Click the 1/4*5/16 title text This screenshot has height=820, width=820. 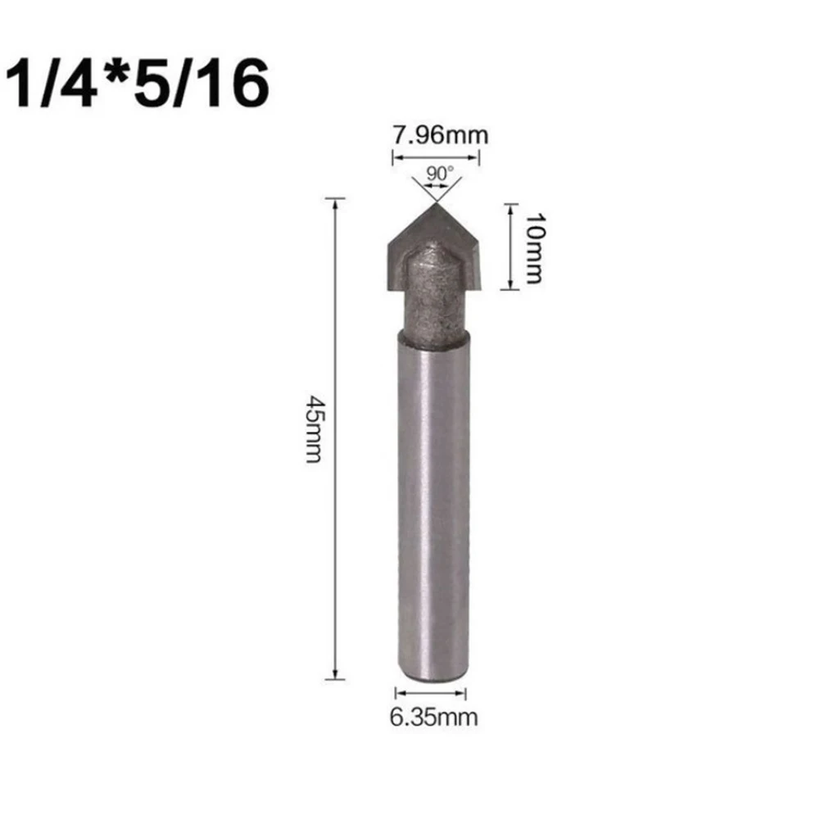138,84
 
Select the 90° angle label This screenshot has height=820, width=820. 435,174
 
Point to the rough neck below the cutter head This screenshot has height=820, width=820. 433,303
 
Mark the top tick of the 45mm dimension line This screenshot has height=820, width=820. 335,198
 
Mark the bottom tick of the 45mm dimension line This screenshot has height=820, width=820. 335,678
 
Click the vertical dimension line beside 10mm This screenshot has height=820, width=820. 510,246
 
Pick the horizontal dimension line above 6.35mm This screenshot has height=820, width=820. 432,693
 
